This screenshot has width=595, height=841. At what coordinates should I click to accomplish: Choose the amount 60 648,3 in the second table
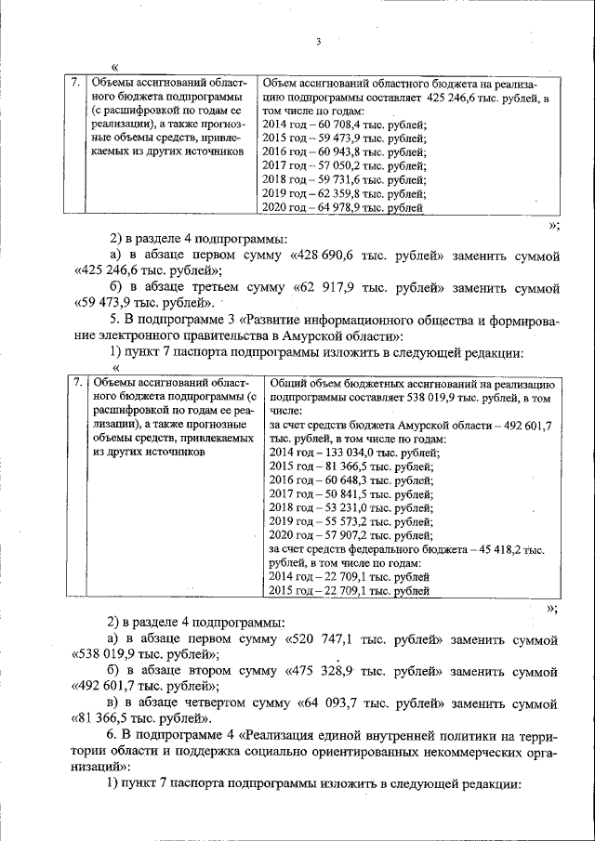tap(349, 480)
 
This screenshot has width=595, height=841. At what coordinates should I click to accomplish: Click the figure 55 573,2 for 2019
tap(349, 522)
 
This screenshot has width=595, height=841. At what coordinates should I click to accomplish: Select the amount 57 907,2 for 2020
tap(349, 536)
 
